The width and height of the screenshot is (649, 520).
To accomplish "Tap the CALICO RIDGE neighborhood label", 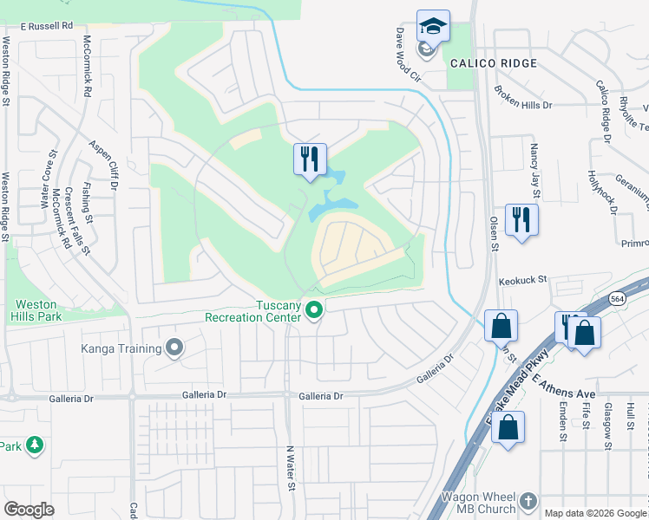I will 493,63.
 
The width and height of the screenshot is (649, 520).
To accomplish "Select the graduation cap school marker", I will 432,26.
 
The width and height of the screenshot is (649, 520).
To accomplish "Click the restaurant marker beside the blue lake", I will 310,159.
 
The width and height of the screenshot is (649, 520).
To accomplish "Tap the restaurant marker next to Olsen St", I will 521,218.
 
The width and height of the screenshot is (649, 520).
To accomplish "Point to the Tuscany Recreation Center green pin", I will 316,309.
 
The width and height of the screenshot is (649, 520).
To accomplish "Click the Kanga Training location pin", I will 174,348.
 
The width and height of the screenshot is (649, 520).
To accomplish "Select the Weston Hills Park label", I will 36,311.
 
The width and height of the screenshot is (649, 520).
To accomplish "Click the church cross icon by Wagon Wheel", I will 528,501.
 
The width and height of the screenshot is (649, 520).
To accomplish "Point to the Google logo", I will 29,510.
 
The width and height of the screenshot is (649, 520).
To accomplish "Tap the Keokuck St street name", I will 522,280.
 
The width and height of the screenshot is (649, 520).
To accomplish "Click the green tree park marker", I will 35,445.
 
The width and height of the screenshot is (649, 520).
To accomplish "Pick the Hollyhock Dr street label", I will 595,190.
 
